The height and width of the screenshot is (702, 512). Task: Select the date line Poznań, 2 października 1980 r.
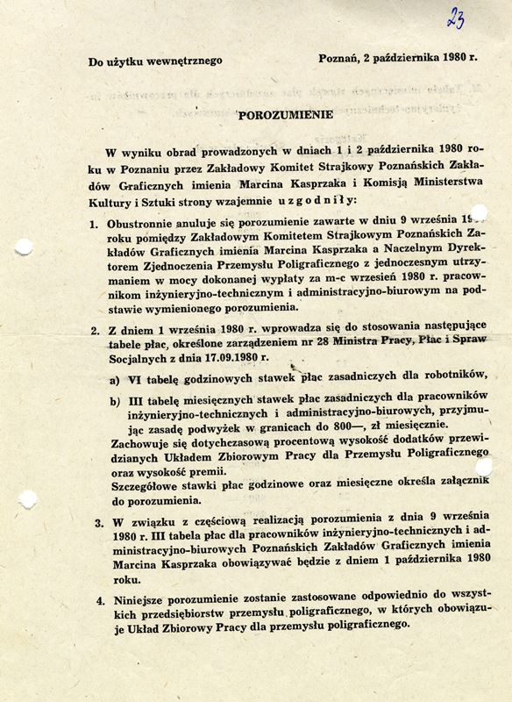tap(399, 60)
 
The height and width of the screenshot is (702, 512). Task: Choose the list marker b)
tap(116, 401)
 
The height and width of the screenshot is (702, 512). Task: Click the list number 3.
tap(96, 526)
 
